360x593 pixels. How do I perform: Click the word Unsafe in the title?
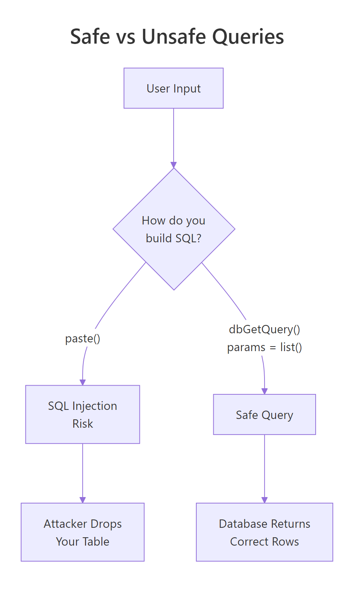pyautogui.click(x=174, y=37)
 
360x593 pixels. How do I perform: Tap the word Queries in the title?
pyautogui.click(x=248, y=37)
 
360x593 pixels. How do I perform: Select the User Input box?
pyautogui.click(x=174, y=88)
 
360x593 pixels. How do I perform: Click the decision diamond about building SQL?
pyautogui.click(x=174, y=229)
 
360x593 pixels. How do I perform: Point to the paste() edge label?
pyautogui.click(x=83, y=338)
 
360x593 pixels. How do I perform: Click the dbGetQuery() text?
pyautogui.click(x=265, y=329)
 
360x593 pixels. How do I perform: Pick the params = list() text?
pyautogui.click(x=265, y=347)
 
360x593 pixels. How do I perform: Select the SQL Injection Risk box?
pyautogui.click(x=83, y=414)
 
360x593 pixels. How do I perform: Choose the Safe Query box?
pyautogui.click(x=265, y=414)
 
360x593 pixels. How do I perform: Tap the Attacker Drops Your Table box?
pyautogui.click(x=83, y=532)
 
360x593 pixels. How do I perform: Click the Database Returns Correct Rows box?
pyautogui.click(x=265, y=532)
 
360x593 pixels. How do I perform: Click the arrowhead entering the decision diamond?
pyautogui.click(x=174, y=165)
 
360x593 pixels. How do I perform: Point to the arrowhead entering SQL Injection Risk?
pyautogui.click(x=83, y=382)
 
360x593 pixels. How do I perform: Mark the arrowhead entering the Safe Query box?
pyautogui.click(x=265, y=391)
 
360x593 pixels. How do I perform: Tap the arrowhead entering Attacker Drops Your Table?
pyautogui.click(x=83, y=500)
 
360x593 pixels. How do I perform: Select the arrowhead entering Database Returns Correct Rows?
pyautogui.click(x=265, y=500)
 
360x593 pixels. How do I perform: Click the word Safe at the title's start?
pyautogui.click(x=88, y=37)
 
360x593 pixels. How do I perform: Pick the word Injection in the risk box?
pyautogui.click(x=94, y=406)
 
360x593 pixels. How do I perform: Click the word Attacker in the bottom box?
pyautogui.click(x=65, y=524)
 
